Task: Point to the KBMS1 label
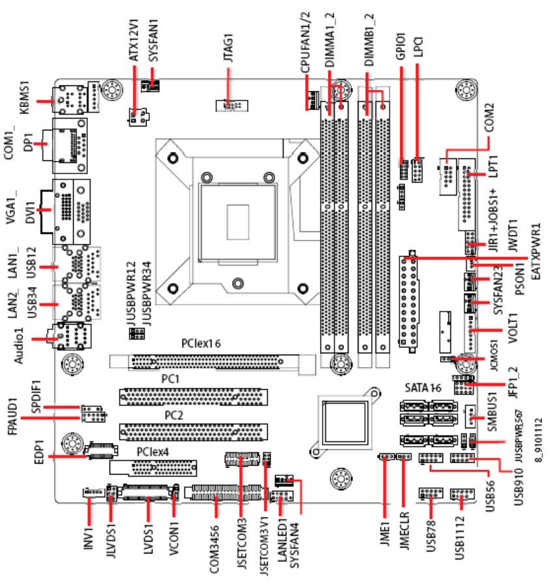[25, 98]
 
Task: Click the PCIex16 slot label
[202, 343]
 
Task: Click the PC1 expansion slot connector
[193, 396]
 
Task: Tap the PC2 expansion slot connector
[193, 431]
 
